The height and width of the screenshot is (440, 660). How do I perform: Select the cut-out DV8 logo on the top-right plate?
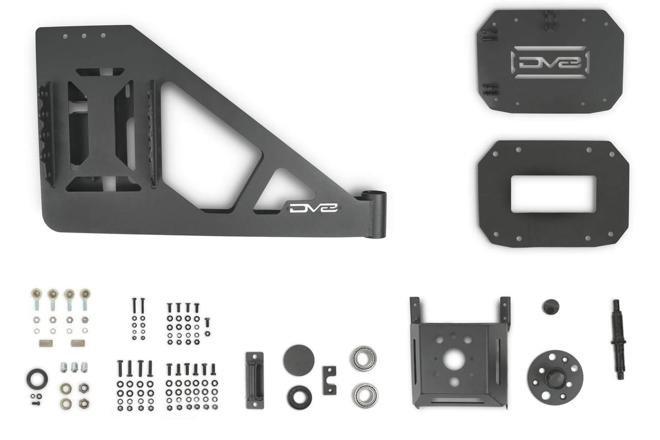(x=550, y=62)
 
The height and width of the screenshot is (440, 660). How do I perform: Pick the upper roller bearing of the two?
(x=363, y=359)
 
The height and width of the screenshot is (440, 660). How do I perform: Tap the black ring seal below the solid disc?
(x=300, y=397)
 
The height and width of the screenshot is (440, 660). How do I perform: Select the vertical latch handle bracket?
(x=254, y=380)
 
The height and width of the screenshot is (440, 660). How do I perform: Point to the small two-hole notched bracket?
(x=329, y=380)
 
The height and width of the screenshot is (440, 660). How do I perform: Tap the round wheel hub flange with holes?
(x=555, y=376)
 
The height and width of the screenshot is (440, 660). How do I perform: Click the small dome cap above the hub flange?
(x=550, y=306)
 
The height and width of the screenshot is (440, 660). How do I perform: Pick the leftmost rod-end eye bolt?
(x=36, y=296)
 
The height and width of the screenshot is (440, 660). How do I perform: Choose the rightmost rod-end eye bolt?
(x=85, y=296)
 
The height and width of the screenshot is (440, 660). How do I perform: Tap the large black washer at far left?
(x=37, y=378)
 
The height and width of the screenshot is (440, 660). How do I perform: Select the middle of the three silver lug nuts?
(x=74, y=367)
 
